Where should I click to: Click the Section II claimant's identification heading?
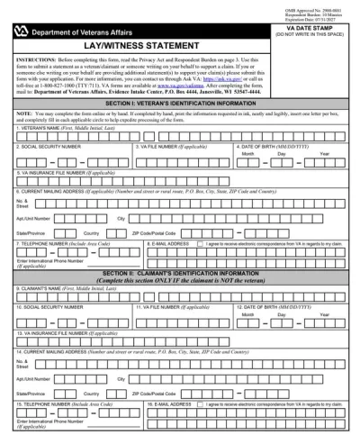tap(180, 273)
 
